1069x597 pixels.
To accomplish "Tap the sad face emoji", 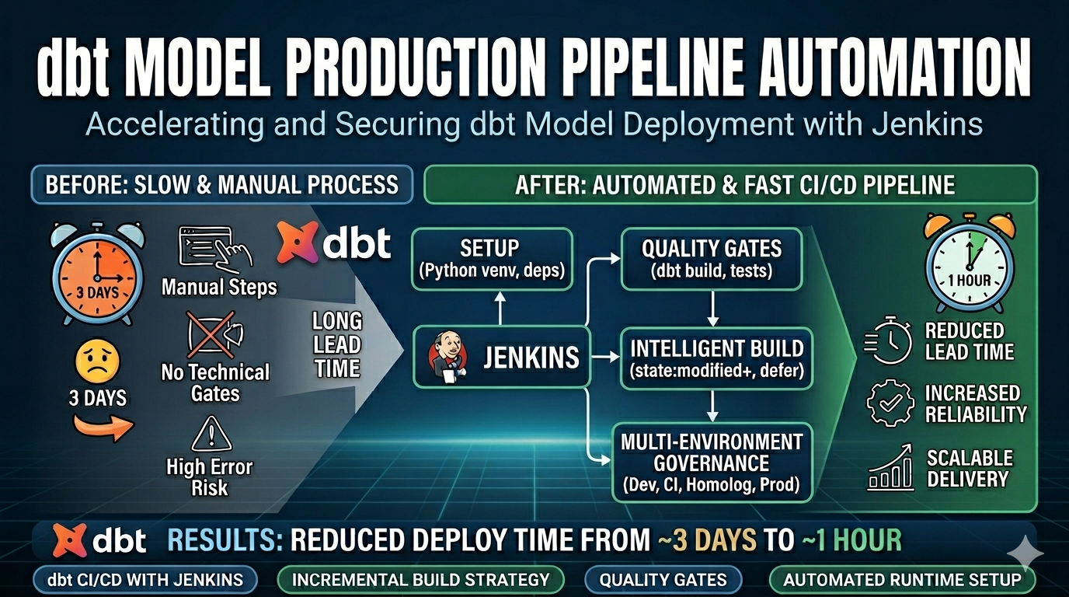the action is coord(98,361).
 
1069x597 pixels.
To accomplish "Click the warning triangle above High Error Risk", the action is coord(211,434).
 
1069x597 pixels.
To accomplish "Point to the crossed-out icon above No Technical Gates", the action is coord(214,334).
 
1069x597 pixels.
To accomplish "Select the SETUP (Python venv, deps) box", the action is coord(492,260).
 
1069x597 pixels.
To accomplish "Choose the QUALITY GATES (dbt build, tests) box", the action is coord(712,260).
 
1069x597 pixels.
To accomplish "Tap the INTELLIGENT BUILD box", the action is coord(716,358).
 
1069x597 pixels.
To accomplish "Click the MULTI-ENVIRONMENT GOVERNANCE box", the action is coord(712,463).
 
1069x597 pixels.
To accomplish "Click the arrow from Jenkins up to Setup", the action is coord(500,309).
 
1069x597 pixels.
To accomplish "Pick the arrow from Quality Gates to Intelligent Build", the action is coord(712,309).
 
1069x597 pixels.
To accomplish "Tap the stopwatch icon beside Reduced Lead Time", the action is coord(888,340).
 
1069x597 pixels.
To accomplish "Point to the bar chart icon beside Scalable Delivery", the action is coord(890,467).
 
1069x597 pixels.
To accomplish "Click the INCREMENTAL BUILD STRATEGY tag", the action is coord(420,580).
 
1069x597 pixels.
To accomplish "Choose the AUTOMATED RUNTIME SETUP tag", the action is coord(902,580).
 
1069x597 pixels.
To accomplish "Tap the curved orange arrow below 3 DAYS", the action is coord(103,427).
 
